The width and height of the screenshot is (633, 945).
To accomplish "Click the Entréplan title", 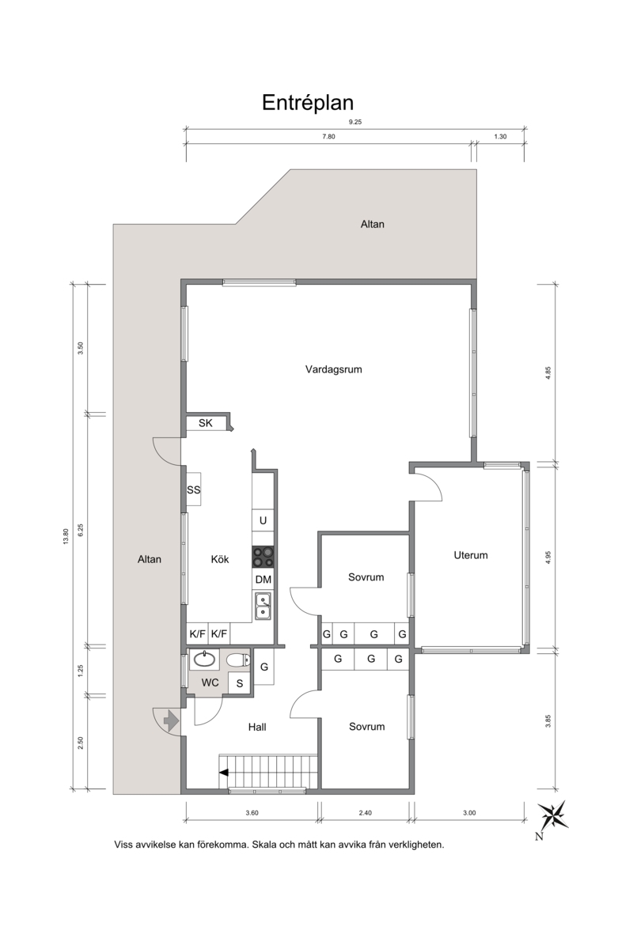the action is click(x=308, y=103).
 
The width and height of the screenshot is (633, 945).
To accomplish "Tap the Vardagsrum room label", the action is click(x=333, y=369).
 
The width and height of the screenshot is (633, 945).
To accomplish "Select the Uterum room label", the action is click(x=471, y=555).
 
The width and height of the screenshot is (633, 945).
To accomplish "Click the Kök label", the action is click(x=220, y=559).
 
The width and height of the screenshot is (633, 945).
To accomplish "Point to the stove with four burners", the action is click(x=263, y=557).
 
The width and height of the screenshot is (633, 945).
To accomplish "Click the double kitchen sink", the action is click(x=263, y=607).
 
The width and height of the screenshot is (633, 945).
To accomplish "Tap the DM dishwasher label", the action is click(x=263, y=580).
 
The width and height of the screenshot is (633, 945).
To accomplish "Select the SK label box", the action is click(x=206, y=423).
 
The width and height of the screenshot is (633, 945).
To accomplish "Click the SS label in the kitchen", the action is click(x=194, y=490).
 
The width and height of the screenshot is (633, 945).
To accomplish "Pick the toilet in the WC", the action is click(x=238, y=660).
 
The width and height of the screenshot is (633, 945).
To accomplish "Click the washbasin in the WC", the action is click(x=204, y=660).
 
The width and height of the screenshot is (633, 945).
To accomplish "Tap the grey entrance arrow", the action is click(x=171, y=720).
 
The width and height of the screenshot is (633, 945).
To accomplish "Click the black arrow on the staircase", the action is click(x=224, y=772).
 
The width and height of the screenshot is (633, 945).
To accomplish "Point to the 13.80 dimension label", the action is click(x=66, y=536).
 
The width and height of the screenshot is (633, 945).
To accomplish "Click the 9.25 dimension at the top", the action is click(x=355, y=122).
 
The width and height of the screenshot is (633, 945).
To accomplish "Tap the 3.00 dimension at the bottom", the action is click(x=469, y=813).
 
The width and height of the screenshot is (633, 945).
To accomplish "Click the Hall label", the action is click(x=257, y=728).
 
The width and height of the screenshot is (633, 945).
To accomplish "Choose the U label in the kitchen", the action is click(x=263, y=520).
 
